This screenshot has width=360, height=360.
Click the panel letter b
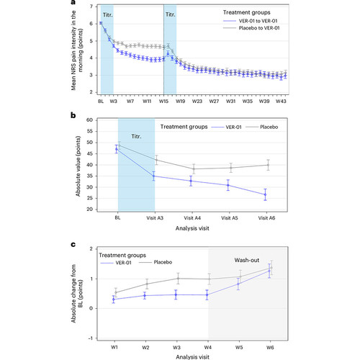tap(73, 115)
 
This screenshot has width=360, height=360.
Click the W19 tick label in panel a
tap(180, 102)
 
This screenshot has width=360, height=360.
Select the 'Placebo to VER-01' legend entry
tap(251, 28)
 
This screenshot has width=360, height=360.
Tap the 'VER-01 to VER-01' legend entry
tap(251, 21)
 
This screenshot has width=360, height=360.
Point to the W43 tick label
tap(281, 102)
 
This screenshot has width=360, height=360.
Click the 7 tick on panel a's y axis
tap(91, 6)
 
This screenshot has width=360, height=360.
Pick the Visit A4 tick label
tap(192, 218)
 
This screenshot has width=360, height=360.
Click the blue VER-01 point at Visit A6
tap(265, 194)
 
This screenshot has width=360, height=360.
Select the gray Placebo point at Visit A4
tap(194, 168)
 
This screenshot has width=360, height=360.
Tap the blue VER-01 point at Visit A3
tap(154, 176)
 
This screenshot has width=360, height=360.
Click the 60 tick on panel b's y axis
tap(89, 120)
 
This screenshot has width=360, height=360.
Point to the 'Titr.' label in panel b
tap(136, 136)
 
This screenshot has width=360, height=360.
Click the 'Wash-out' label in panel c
tap(247, 260)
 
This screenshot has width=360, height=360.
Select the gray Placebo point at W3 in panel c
tap(178, 279)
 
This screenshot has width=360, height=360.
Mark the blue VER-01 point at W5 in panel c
tap(238, 284)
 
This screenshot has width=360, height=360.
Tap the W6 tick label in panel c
tap(270, 348)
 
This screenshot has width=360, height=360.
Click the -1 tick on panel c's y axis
tap(90, 338)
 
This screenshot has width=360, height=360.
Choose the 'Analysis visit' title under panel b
tap(192, 228)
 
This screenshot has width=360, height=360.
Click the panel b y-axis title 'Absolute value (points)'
tap(78, 166)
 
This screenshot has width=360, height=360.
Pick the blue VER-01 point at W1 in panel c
tap(114, 299)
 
